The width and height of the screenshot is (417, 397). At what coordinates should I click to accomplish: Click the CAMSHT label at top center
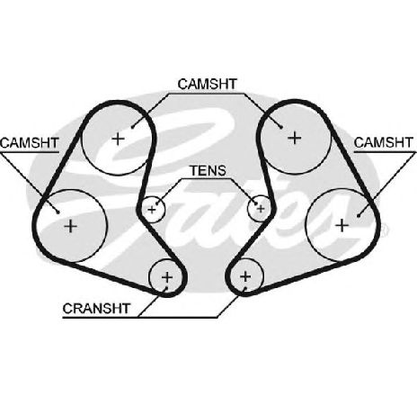point(208,85)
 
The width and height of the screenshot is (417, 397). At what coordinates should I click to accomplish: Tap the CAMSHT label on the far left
point(30,143)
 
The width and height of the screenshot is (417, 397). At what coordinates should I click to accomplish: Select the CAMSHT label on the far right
point(384,142)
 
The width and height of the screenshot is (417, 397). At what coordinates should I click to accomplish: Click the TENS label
point(208,171)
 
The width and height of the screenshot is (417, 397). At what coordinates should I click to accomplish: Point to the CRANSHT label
point(96,309)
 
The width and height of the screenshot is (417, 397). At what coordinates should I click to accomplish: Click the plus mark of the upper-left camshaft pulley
point(118,139)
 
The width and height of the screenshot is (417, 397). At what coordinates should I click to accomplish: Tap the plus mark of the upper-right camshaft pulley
point(295,138)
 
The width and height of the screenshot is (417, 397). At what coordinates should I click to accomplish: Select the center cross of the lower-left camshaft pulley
point(71,226)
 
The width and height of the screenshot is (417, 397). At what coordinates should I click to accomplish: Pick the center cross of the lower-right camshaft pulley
point(342,225)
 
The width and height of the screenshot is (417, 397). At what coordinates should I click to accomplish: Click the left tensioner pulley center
point(152,210)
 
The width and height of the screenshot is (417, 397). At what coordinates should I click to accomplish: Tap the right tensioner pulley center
point(261,209)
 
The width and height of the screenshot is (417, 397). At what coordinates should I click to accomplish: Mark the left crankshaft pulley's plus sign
point(167,277)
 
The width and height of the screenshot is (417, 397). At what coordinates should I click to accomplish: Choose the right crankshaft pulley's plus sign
point(245,276)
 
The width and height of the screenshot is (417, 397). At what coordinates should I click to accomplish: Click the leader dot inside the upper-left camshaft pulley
point(132,127)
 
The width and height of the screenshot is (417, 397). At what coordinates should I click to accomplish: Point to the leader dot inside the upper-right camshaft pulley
point(281,127)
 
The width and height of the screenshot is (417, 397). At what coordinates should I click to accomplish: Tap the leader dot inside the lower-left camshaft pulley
point(58,212)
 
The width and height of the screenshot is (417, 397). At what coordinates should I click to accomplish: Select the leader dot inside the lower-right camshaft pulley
point(359,215)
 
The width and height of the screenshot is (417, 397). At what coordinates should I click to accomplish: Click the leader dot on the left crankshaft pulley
point(166,288)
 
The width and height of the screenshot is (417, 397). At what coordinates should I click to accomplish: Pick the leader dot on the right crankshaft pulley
point(245,289)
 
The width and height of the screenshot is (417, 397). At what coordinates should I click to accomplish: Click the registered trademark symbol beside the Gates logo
point(385,230)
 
